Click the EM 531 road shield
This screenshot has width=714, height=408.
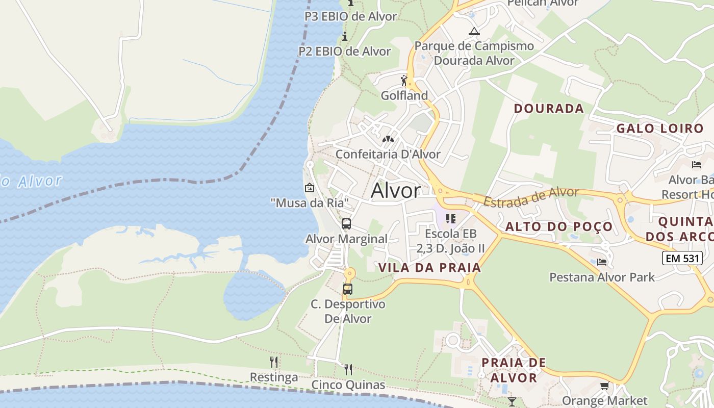683,258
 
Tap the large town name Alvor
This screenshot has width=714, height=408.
396,191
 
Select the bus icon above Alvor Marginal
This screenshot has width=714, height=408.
346,224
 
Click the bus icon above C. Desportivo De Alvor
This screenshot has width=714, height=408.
348,289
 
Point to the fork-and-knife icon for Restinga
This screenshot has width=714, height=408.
274,362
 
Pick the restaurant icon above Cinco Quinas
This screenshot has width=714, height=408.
348,369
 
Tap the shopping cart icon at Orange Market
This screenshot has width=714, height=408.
604,386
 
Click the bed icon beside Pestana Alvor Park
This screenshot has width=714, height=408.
602,262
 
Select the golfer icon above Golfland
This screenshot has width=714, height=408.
404,81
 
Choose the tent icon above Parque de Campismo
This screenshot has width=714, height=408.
474,32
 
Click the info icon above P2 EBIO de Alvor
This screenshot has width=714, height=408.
345,36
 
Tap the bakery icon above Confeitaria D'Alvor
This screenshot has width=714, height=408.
388,139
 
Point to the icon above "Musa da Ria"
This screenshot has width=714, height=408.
309,188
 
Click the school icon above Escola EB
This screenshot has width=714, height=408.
451,219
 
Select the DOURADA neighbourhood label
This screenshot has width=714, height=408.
549,109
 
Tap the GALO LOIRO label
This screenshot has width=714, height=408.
660,129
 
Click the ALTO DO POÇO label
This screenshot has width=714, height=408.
559,227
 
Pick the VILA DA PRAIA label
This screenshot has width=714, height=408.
430,268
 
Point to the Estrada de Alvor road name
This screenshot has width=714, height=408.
531,197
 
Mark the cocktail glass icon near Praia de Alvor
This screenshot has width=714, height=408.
512,401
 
